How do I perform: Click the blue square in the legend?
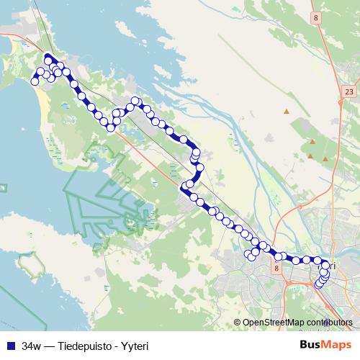pyautogui.click(x=10, y=345)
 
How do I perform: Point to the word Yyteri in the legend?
pyautogui.click(x=135, y=345)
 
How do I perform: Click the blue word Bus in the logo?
pyautogui.click(x=311, y=345)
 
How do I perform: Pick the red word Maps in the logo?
pyautogui.click(x=337, y=345)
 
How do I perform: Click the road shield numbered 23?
pyautogui.click(x=349, y=91)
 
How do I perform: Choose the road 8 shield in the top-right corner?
pyautogui.click(x=315, y=17)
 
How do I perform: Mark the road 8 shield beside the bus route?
pyautogui.click(x=276, y=267)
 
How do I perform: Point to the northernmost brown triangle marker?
pyautogui.click(x=287, y=112)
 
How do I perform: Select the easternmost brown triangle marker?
pyautogui.click(x=325, y=158)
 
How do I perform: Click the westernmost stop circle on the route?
pyautogui.click(x=34, y=82)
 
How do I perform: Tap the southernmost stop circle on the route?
pyautogui.click(x=318, y=285)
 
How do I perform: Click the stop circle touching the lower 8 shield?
pyautogui.click(x=278, y=257)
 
